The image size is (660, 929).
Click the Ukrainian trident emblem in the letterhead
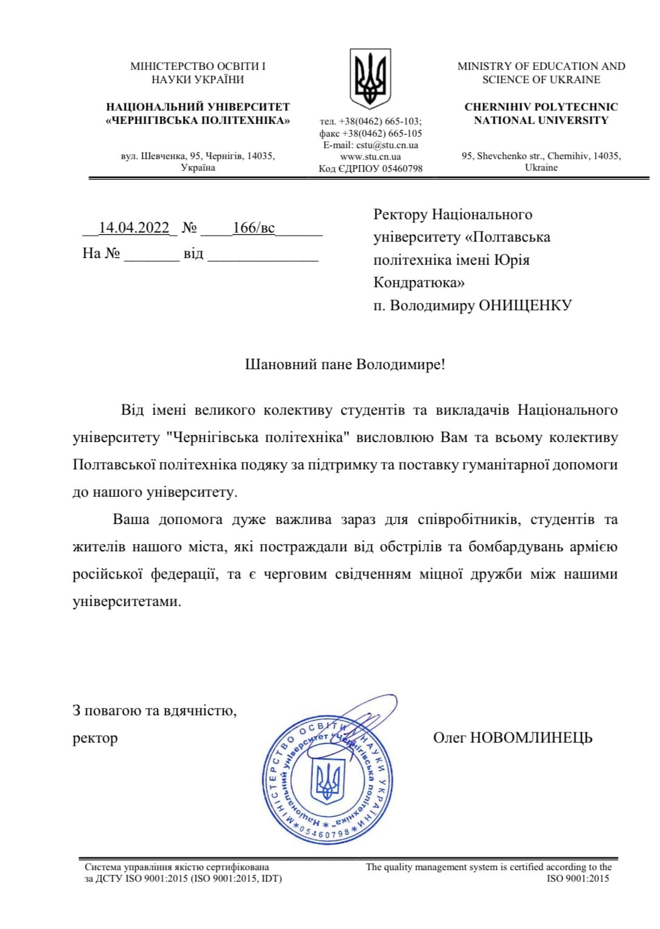370,79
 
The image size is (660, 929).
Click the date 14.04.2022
134,228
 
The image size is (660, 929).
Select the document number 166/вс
253,228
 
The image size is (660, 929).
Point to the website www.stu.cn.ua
371,157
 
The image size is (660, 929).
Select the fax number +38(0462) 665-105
382,134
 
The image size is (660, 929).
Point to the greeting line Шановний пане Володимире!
345,364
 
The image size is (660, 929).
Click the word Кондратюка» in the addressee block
419,282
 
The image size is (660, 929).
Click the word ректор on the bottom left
95,738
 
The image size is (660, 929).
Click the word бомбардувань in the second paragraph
516,547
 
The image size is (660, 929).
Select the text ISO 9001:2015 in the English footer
577,878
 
